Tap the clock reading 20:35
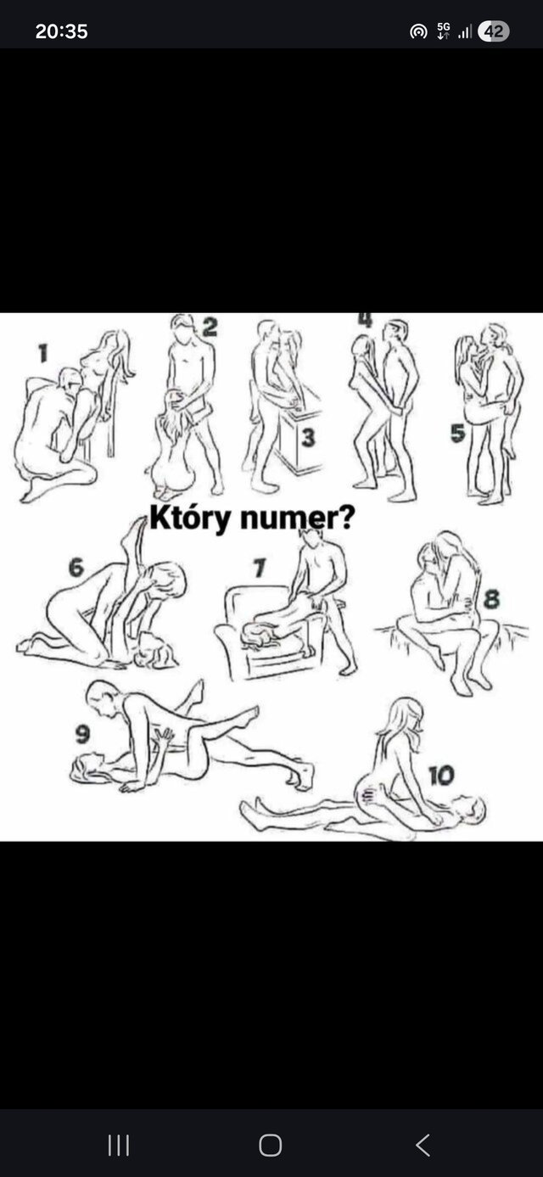click(61, 31)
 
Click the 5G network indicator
click(443, 31)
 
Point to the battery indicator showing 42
click(493, 31)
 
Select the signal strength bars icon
click(464, 32)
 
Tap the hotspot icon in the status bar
click(418, 32)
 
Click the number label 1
click(43, 353)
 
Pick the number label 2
click(209, 327)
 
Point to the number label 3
click(308, 437)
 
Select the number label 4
click(366, 319)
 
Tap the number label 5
click(457, 434)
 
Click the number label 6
click(76, 568)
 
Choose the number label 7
click(260, 568)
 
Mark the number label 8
click(491, 599)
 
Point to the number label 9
click(82, 734)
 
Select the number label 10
click(442, 775)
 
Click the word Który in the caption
click(190, 518)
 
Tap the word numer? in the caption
click(297, 518)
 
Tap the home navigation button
click(271, 1145)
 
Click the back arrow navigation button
click(423, 1145)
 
